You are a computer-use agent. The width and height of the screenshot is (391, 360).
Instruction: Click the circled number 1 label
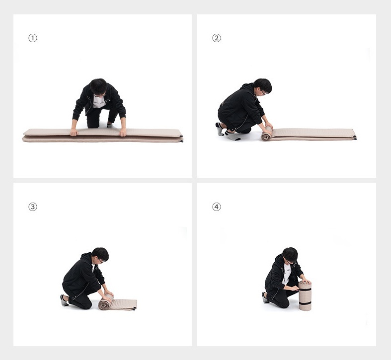coord(33,38)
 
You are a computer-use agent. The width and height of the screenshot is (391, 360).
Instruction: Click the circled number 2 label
coord(217,38)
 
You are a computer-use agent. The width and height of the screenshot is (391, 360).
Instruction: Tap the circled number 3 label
coord(33,207)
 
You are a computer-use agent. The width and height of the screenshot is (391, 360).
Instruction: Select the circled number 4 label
coord(217,207)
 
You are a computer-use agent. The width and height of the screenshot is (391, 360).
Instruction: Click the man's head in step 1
coord(98,87)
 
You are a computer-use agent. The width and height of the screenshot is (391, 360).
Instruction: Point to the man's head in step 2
coord(263,87)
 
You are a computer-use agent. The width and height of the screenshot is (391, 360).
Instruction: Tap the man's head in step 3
coord(100,255)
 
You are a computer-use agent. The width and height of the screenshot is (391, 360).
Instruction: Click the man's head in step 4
coord(290,255)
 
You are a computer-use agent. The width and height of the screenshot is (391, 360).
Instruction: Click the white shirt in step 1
coord(99,101)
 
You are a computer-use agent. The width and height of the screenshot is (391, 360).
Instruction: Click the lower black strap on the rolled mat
coord(305,303)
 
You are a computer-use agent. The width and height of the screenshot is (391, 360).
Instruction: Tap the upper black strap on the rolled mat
coord(305,289)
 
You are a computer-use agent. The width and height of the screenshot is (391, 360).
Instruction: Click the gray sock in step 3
coord(64,300)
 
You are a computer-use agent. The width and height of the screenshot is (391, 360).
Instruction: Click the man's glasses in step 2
coord(264,93)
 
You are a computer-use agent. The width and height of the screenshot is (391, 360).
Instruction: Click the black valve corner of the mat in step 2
coord(355,137)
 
